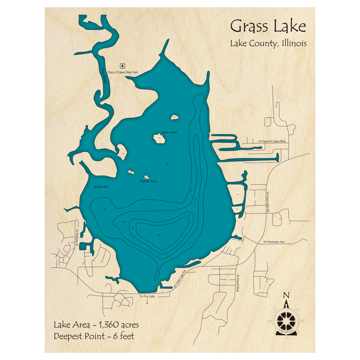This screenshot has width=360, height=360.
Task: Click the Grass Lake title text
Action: [x=268, y=27]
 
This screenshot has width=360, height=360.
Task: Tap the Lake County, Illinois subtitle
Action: [x=268, y=44]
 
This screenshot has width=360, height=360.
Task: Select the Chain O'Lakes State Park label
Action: [x=123, y=72]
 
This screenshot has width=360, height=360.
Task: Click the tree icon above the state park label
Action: [x=123, y=66]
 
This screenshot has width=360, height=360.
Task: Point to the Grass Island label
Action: [x=169, y=132]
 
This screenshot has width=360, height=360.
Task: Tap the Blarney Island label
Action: [x=148, y=181]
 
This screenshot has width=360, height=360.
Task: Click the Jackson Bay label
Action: [x=100, y=187]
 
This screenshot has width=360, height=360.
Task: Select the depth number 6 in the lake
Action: [x=158, y=235]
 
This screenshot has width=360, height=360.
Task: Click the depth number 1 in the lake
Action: [x=167, y=164]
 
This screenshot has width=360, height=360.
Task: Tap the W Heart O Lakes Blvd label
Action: [x=272, y=142]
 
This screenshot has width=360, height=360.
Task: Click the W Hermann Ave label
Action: [x=274, y=242]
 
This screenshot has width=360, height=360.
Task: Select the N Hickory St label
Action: [x=77, y=238]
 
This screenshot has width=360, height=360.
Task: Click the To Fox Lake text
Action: [x=147, y=296]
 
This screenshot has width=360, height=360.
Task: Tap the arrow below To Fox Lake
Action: [x=147, y=302]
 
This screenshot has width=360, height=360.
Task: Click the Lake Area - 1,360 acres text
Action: [x=96, y=325]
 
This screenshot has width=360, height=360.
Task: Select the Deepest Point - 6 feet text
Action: [x=94, y=337]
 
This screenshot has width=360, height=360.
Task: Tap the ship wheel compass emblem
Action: [x=286, y=319]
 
